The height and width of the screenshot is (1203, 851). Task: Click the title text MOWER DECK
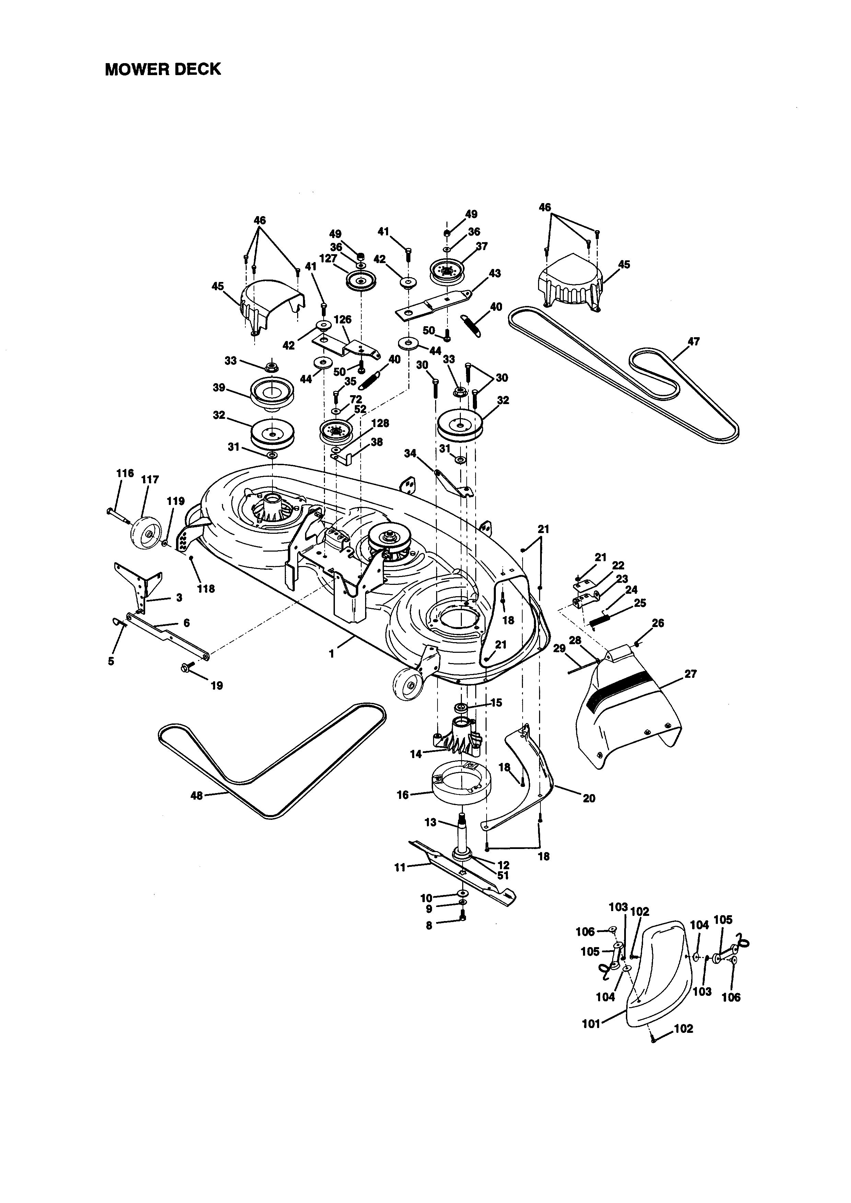163,69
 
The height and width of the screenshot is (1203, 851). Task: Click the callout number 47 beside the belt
693,342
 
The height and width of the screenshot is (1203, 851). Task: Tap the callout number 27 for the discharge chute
691,674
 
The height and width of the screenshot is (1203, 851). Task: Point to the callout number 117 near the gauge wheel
150,480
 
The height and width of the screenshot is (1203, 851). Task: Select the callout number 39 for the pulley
219,388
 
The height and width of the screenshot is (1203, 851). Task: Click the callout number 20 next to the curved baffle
589,799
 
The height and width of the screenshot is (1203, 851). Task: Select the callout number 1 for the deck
331,654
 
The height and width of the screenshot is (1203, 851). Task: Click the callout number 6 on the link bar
187,623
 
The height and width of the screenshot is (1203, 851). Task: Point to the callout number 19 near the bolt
217,685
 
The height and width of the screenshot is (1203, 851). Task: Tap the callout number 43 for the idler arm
494,273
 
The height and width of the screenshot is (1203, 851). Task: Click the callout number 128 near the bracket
381,423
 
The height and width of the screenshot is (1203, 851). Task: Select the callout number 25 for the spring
640,603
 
